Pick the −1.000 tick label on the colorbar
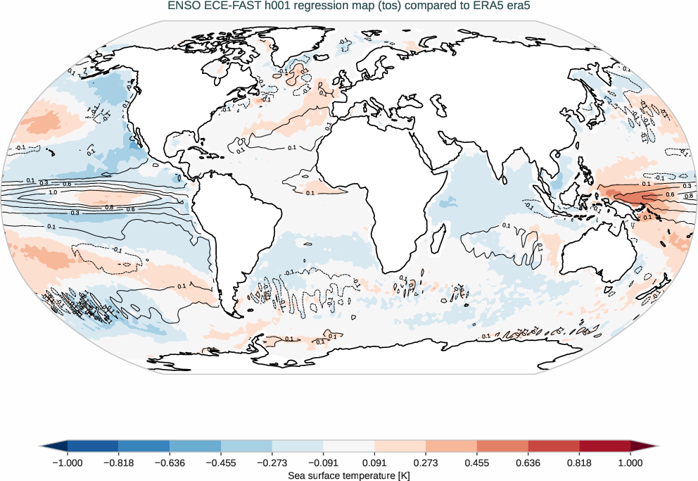pos(68,463)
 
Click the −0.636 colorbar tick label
pos(170,463)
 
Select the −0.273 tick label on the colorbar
pos(272,463)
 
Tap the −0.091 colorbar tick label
pos(323,463)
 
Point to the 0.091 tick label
pos(374,463)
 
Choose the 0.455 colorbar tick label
pos(477,463)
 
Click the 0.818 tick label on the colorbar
pos(579,463)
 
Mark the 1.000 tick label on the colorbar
pos(630,463)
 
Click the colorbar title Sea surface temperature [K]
pos(349,475)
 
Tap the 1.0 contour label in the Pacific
pos(53,192)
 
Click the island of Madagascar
pos(438,239)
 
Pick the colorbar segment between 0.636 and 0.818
pos(554,446)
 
